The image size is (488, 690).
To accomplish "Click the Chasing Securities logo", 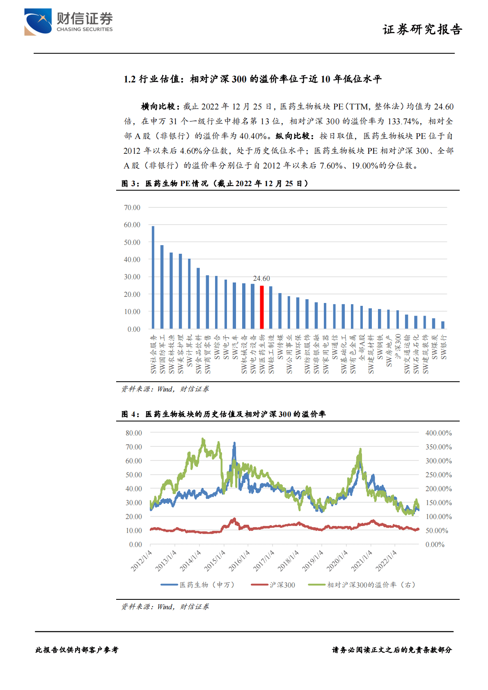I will point(69,22).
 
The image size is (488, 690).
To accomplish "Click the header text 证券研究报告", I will point(422,30).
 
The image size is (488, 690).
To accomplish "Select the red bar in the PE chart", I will point(262,307).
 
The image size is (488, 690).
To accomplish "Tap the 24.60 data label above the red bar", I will point(261,279).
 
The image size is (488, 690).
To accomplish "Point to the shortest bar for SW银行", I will point(443,325).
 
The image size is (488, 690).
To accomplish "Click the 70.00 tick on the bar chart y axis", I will point(132,208).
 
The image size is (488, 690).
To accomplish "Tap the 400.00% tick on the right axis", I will point(438,433).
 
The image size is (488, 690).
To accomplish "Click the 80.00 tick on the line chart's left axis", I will point(134,433).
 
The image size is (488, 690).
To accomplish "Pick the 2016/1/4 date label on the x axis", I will point(239,561).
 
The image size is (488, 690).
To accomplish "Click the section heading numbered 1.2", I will point(252,79).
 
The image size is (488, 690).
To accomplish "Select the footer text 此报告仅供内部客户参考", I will point(77,650).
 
